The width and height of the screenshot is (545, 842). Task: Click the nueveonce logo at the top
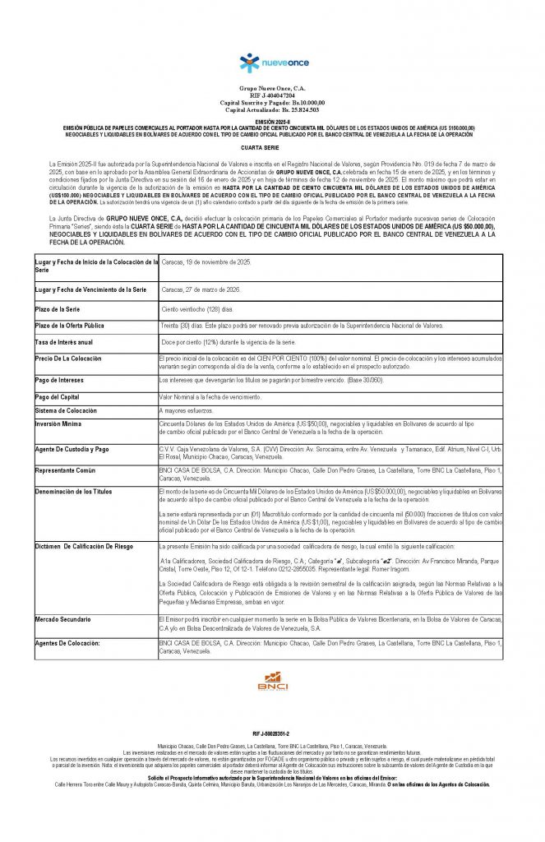click(x=272, y=63)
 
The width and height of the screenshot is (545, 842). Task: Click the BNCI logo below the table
click(x=272, y=679)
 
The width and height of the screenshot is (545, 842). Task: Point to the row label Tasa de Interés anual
click(x=64, y=341)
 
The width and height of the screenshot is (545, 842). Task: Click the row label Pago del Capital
click(x=59, y=397)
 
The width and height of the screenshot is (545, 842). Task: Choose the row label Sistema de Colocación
click(x=66, y=410)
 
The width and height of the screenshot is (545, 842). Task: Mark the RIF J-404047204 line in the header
click(x=272, y=95)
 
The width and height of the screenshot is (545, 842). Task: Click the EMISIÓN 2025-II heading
click(x=272, y=121)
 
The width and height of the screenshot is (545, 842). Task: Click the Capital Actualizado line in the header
click(x=272, y=109)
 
